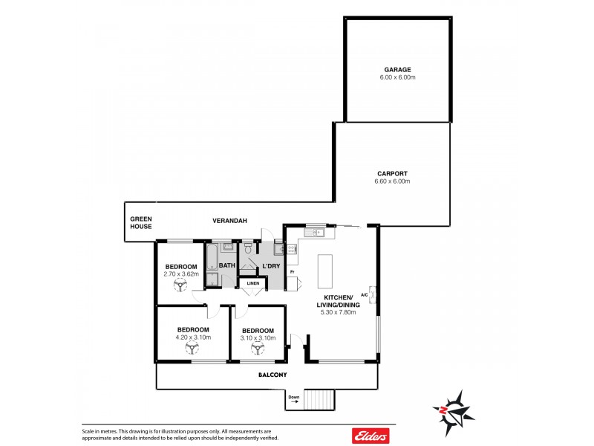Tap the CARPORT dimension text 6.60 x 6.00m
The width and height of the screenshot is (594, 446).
[393, 181]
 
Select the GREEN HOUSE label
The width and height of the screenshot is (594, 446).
[141, 222]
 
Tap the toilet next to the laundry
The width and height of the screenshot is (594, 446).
[249, 251]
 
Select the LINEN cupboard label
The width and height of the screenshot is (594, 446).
[253, 283]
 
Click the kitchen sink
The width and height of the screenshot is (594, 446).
[317, 232]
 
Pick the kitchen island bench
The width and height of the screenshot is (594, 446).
[325, 271]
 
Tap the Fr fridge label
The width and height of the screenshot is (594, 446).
[293, 272]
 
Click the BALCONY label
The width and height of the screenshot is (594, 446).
[272, 375]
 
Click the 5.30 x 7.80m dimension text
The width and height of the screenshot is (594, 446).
[338, 312]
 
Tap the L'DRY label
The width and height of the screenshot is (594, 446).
[270, 265]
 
